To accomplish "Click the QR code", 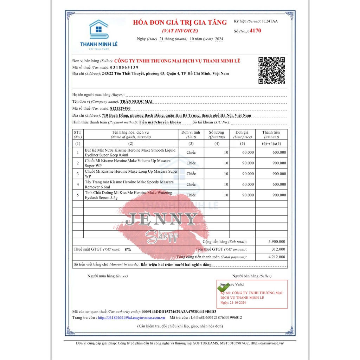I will tap(271, 70).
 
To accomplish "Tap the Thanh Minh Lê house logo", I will tap(98, 30).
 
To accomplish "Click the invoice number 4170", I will tap(255, 31).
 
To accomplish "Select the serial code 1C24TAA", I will tap(270, 21).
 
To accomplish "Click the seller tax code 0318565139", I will tap(124, 67).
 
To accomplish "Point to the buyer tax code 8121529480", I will tap(120, 108).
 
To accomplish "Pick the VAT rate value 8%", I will tap(128, 249).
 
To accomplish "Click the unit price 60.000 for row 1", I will tap(248, 153).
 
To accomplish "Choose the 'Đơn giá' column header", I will tap(242, 133).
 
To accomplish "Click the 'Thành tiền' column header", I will tap(271, 133).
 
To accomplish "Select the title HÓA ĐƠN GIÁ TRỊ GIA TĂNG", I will tap(180, 22).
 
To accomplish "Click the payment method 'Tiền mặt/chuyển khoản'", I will tap(160, 122).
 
